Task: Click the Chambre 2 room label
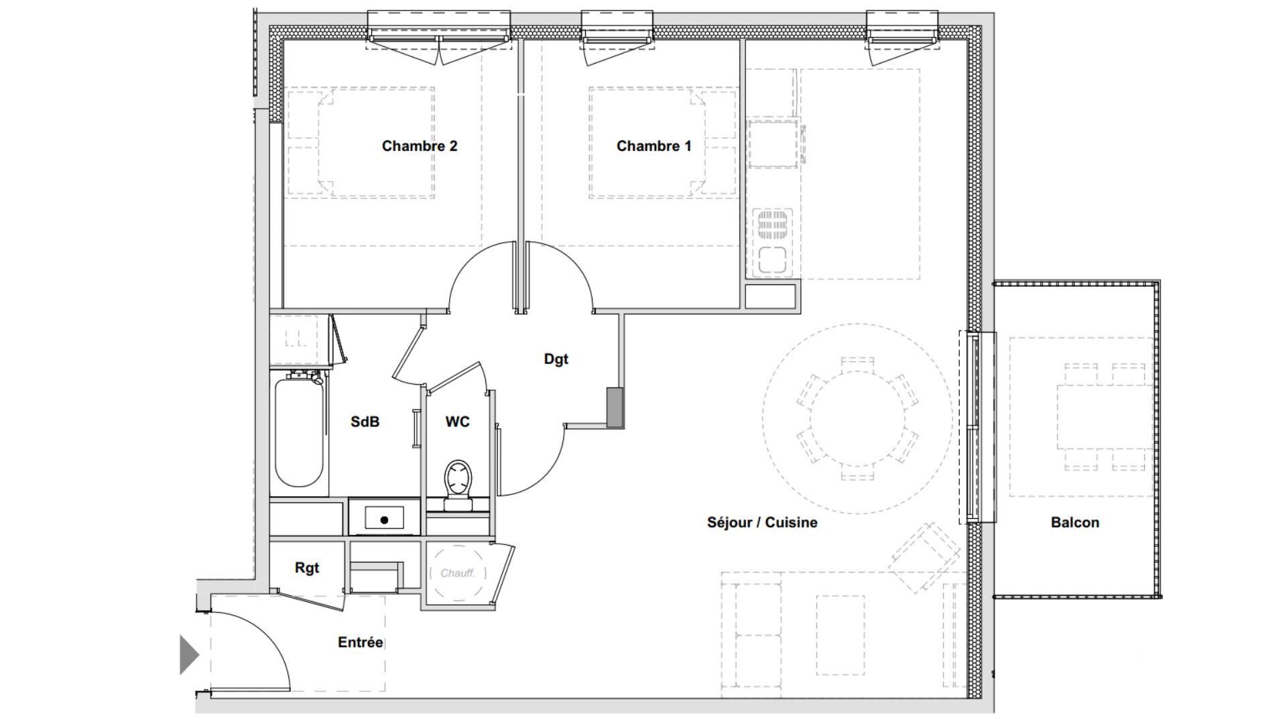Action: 420,146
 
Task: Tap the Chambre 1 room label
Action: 654,146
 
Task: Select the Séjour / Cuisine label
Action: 762,523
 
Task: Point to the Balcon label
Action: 1075,523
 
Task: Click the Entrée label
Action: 361,642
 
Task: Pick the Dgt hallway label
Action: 556,359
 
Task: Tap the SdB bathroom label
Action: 365,422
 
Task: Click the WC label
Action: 458,422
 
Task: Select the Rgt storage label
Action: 307,568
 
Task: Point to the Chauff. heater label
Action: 458,573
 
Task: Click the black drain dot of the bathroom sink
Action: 384,520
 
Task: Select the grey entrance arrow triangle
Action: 189,654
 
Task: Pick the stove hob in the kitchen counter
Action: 772,225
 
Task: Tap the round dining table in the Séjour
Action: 857,418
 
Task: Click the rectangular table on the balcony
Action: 1105,417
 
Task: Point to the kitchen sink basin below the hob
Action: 772,259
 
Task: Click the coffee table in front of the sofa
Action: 841,636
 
